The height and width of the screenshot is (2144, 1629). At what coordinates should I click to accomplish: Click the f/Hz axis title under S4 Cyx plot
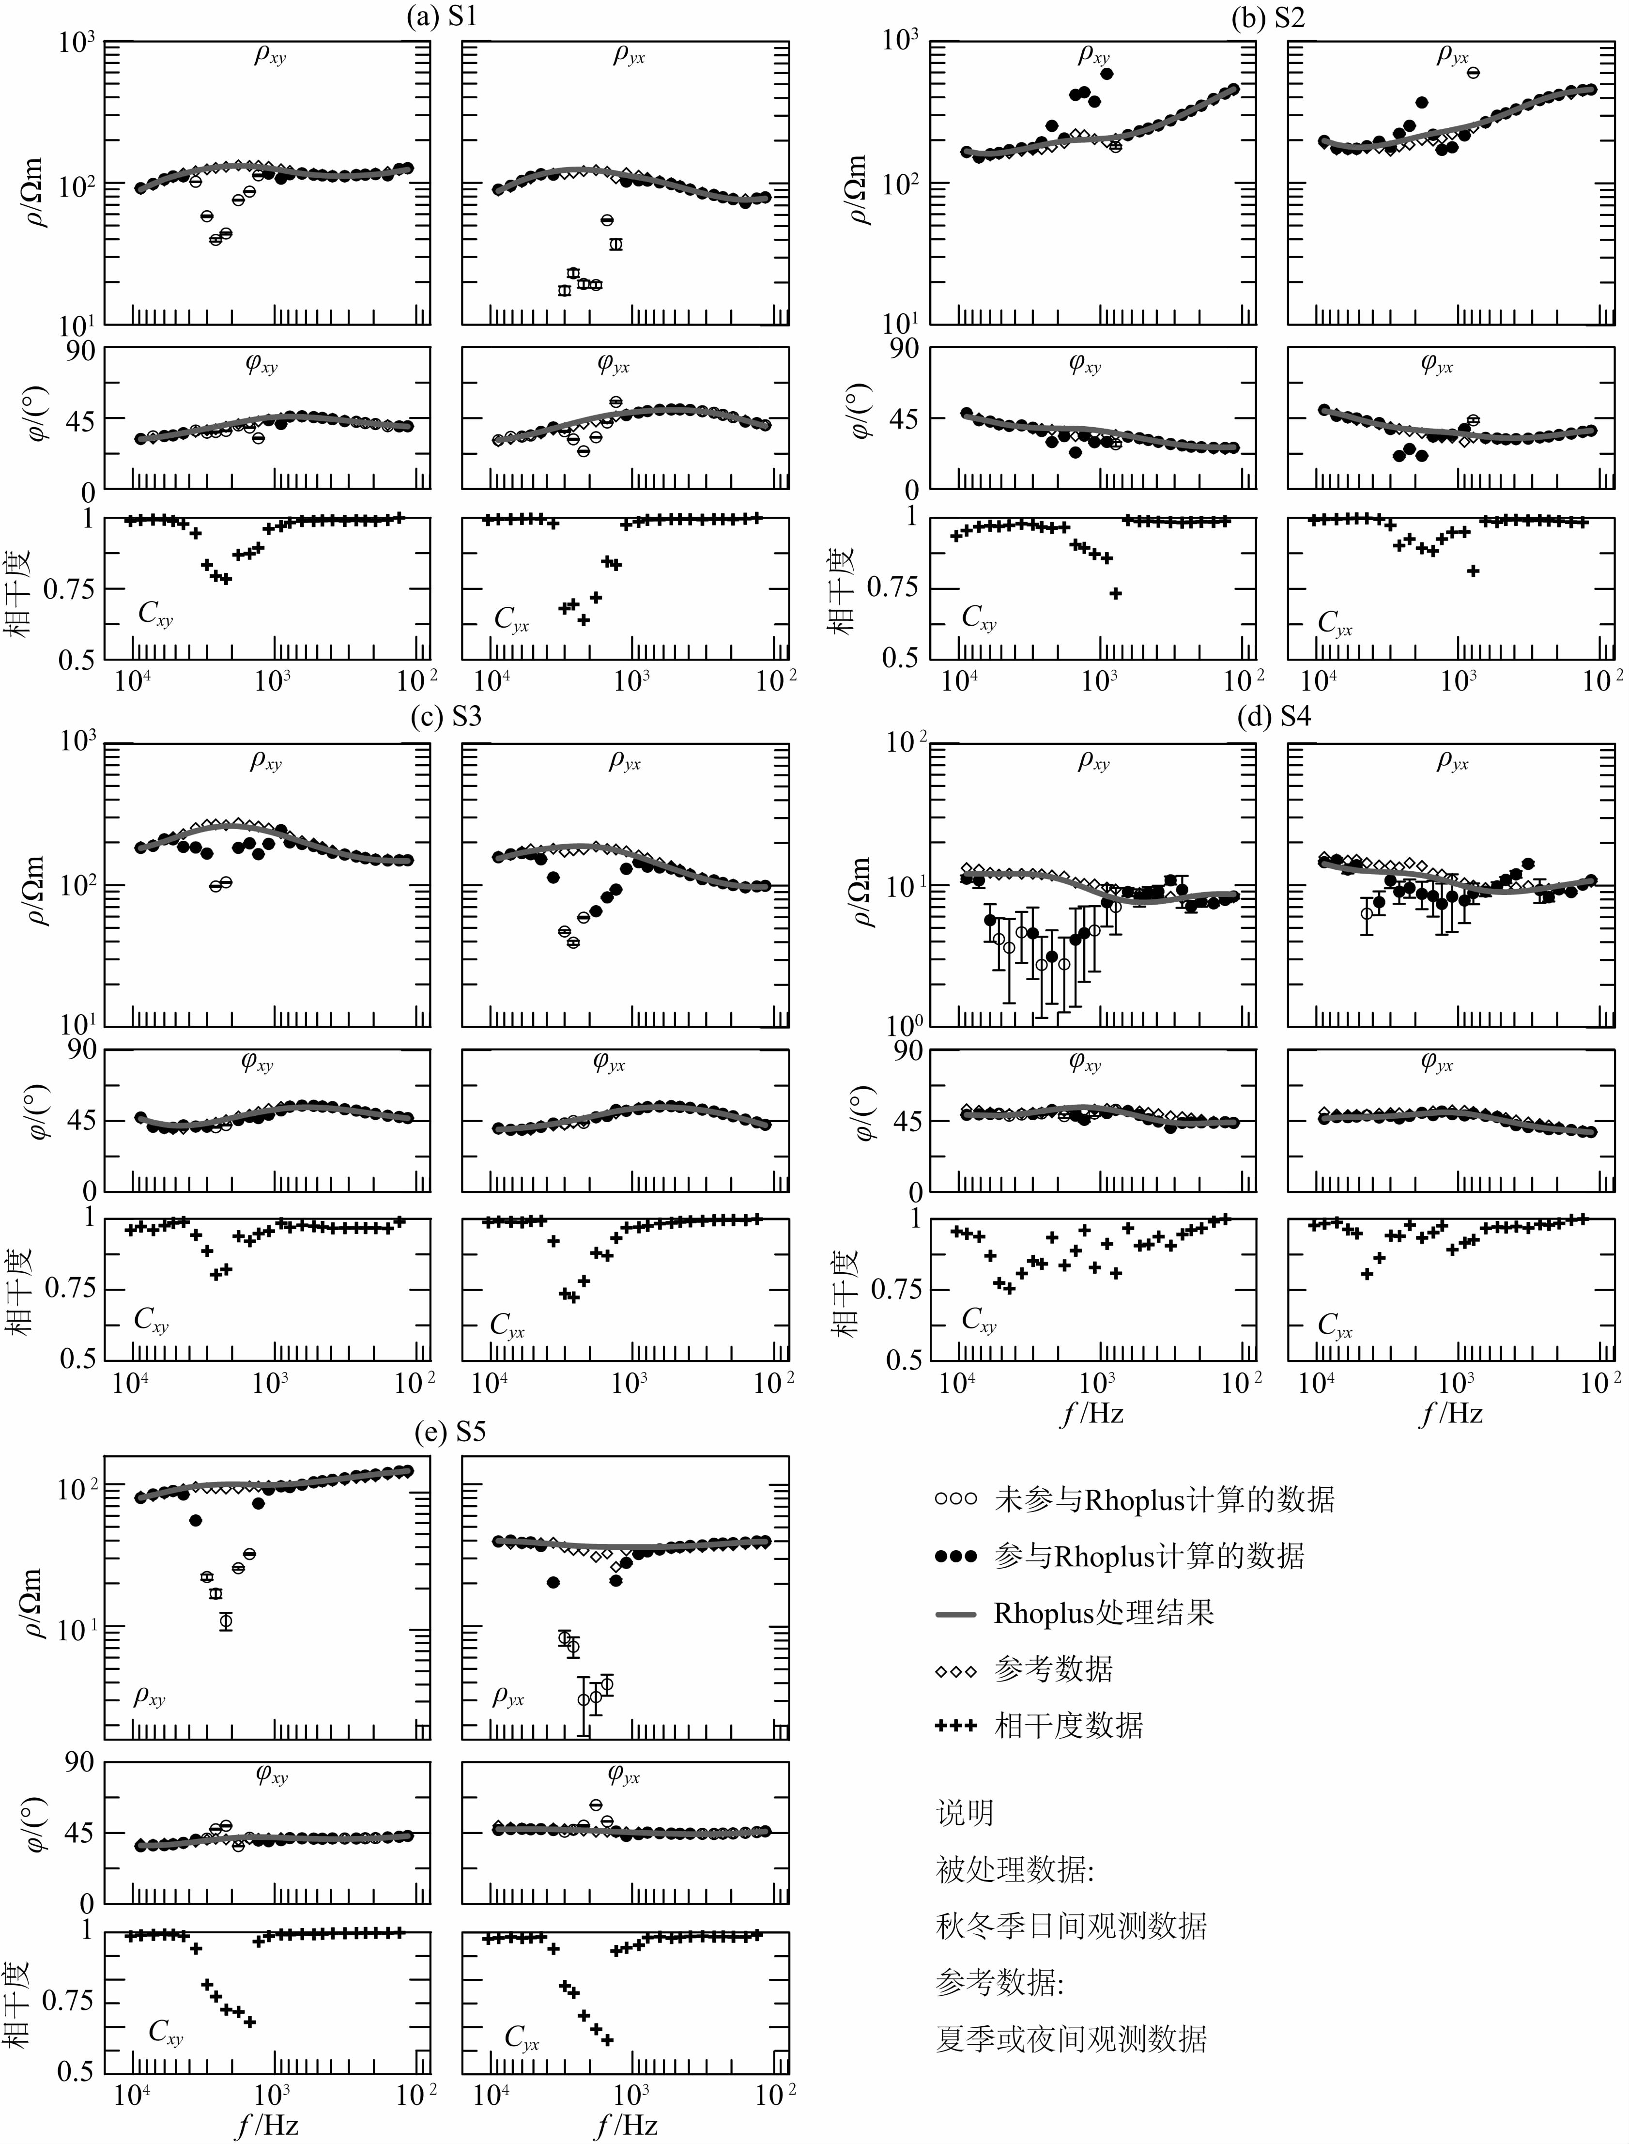point(1452,1414)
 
